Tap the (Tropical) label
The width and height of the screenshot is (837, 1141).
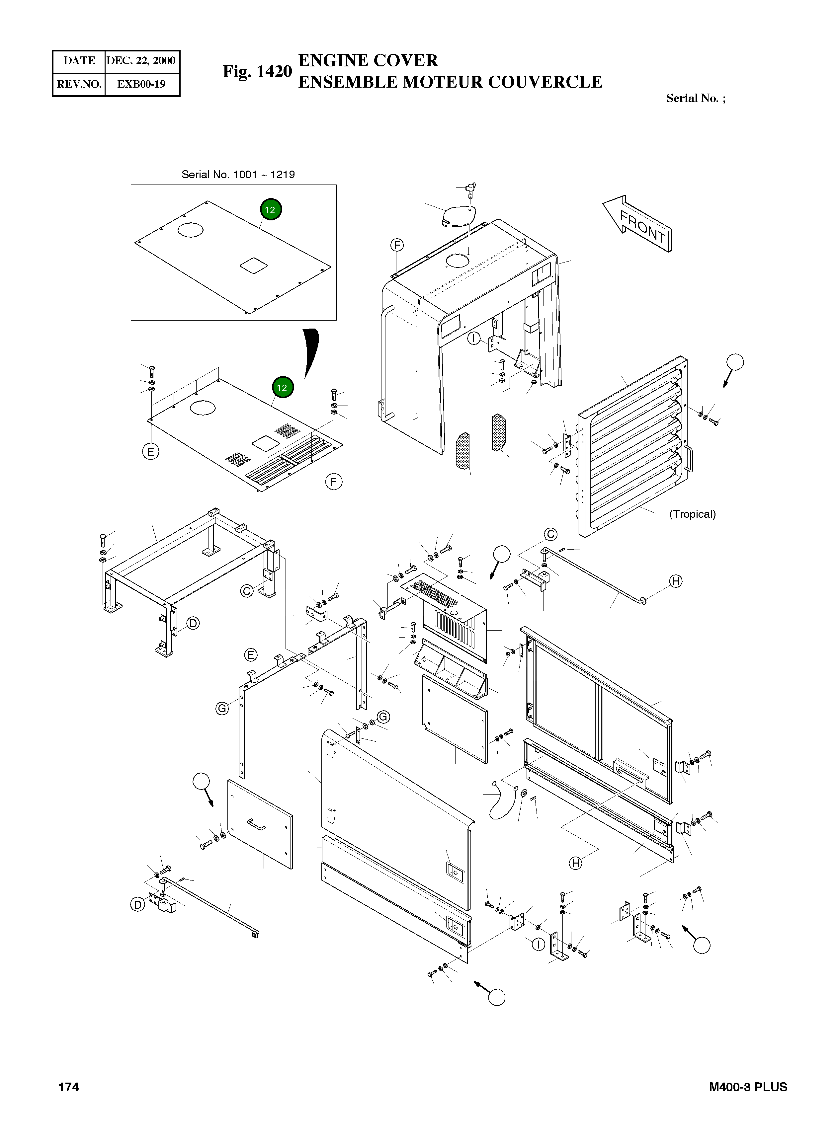[692, 514]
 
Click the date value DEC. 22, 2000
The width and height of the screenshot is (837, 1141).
[141, 61]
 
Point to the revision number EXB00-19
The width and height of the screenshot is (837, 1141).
[141, 84]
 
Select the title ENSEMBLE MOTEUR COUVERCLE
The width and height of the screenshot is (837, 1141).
[450, 82]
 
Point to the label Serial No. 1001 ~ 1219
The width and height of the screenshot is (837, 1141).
[238, 175]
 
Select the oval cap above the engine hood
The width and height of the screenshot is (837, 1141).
[458, 217]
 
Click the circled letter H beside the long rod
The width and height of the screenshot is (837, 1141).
[676, 581]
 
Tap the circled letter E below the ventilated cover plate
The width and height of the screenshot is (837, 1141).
[150, 451]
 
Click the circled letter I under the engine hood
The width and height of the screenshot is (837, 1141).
[474, 338]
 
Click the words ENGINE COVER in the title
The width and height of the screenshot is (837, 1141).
[368, 60]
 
